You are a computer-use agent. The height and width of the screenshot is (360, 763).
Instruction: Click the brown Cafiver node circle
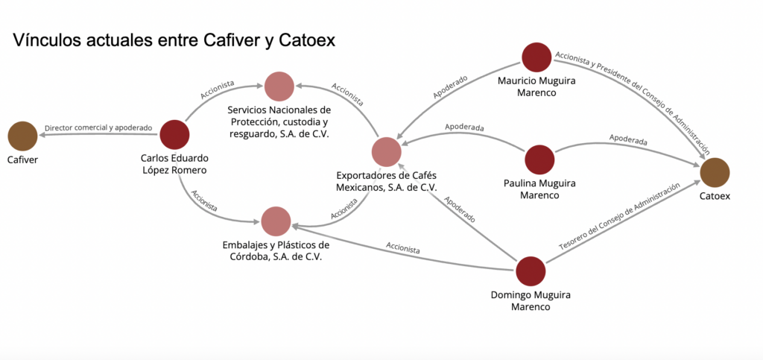coord(22,136)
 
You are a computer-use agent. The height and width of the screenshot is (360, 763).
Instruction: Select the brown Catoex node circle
coord(715,172)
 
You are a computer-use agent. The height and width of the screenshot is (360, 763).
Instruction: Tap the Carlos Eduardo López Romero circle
coord(174,135)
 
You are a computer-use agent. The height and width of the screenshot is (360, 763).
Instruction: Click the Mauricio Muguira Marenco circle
coord(536,57)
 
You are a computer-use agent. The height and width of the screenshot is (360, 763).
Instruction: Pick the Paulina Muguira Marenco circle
coord(539,160)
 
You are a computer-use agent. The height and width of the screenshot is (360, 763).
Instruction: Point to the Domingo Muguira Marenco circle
coord(531,271)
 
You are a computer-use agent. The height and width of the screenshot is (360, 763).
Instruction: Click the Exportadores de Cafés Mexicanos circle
coord(386,152)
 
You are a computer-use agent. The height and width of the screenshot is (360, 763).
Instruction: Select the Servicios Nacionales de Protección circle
coord(279,86)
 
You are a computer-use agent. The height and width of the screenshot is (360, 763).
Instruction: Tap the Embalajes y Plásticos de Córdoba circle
coord(276,221)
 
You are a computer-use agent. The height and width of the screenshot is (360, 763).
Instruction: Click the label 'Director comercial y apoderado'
coord(98,128)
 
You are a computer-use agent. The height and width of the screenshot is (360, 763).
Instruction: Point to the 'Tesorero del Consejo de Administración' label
coord(620,218)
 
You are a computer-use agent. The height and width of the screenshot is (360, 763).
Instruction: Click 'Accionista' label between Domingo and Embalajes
coord(402,247)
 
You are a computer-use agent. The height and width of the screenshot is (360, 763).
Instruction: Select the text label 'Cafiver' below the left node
coord(22,160)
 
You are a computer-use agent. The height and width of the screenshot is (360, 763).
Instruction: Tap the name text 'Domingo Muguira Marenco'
coord(531,300)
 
